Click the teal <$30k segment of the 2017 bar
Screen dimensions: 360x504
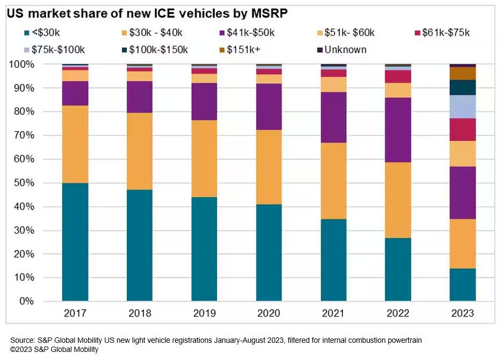tap(75, 242)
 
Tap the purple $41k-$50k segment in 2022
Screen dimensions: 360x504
tap(398, 129)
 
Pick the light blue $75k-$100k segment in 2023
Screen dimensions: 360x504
tap(463, 106)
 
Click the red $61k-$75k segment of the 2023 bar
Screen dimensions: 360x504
tap(463, 129)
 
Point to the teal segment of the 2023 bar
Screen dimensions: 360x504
tap(463, 284)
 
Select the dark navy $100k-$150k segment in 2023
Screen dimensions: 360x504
tap(463, 87)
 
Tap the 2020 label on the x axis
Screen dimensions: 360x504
tap(269, 314)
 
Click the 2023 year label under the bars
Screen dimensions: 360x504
tap(463, 314)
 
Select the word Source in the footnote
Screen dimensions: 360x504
tap(23, 341)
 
